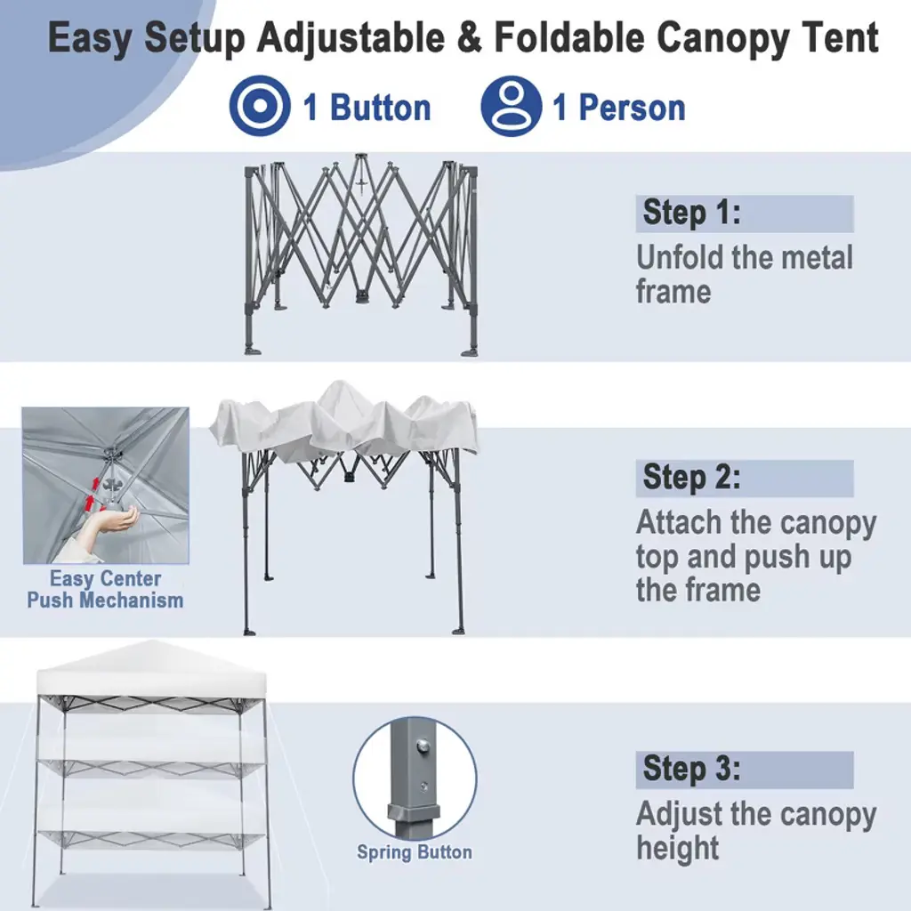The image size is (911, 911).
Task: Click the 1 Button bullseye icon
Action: coord(260,106)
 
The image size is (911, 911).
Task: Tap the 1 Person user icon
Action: coord(512,106)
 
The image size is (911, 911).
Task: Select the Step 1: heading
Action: coord(691,213)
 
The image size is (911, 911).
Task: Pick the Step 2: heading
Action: coord(691,478)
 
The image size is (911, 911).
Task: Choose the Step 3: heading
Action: coord(691,769)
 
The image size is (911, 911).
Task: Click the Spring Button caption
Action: coord(415,852)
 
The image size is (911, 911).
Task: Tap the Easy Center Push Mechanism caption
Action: coord(105,589)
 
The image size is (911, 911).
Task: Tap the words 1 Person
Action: coord(619,108)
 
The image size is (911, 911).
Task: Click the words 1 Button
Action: coord(367,108)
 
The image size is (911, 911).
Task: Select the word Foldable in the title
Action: coord(569,37)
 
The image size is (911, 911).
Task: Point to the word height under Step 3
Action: coord(677,849)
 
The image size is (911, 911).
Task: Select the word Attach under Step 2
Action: coord(679,522)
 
